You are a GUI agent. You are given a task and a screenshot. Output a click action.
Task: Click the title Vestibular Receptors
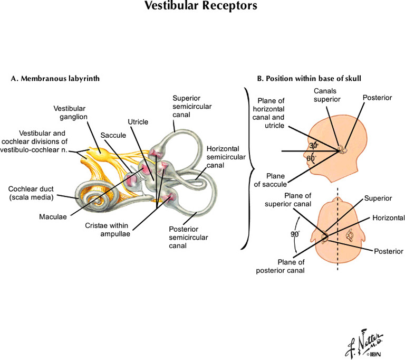tap(202, 7)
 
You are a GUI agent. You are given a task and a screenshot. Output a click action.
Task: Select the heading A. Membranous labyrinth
tap(55, 79)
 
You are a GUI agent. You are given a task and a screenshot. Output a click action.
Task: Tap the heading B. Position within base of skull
tap(308, 79)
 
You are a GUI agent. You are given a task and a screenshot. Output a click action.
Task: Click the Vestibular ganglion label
tap(70, 112)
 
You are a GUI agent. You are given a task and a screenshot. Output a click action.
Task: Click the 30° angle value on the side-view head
tap(313, 145)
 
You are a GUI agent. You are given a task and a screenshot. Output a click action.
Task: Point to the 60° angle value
tap(311, 158)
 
